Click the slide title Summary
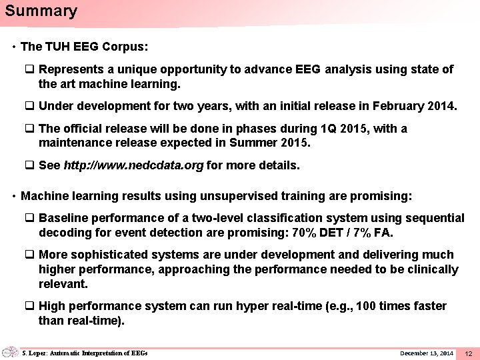[41, 11]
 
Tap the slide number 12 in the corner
[468, 353]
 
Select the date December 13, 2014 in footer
[427, 353]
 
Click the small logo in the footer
[10, 352]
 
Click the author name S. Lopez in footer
[37, 353]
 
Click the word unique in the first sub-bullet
[150, 69]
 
